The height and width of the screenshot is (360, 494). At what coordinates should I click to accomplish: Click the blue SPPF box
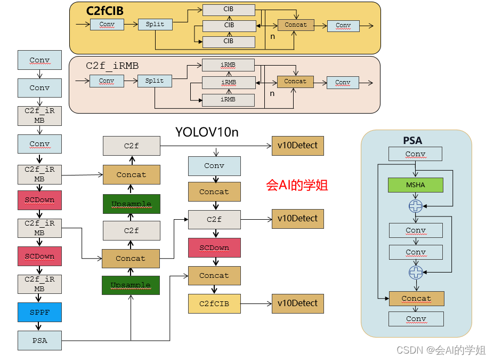click(39, 312)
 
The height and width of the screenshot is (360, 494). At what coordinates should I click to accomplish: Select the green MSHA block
click(416, 185)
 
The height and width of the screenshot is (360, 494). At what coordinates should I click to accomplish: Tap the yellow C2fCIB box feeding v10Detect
click(214, 303)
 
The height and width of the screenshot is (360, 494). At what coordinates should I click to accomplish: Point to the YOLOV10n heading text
click(207, 132)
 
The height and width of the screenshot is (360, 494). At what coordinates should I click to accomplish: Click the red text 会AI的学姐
click(297, 185)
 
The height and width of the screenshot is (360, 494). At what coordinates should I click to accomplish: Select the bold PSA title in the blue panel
click(412, 140)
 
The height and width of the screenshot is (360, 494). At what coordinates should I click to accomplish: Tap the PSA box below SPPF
click(39, 340)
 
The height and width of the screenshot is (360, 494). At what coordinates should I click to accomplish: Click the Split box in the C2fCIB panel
click(155, 25)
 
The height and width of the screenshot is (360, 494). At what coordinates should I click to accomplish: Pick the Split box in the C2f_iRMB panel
click(155, 81)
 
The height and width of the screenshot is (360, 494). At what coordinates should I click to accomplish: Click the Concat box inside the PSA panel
click(416, 298)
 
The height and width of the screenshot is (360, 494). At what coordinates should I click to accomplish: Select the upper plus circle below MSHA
click(415, 206)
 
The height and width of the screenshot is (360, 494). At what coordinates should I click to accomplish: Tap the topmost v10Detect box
click(297, 146)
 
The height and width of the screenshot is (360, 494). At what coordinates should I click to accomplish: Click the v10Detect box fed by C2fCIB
click(297, 303)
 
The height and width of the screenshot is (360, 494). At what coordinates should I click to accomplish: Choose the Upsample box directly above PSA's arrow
click(131, 285)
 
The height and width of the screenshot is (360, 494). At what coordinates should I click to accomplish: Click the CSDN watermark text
click(441, 350)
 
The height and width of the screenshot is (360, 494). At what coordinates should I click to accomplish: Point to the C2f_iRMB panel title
click(112, 66)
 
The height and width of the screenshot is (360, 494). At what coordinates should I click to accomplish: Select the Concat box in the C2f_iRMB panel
click(295, 82)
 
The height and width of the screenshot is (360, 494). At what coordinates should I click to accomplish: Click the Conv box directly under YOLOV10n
click(214, 166)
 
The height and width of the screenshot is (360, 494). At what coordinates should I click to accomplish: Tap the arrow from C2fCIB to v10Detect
click(256, 303)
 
